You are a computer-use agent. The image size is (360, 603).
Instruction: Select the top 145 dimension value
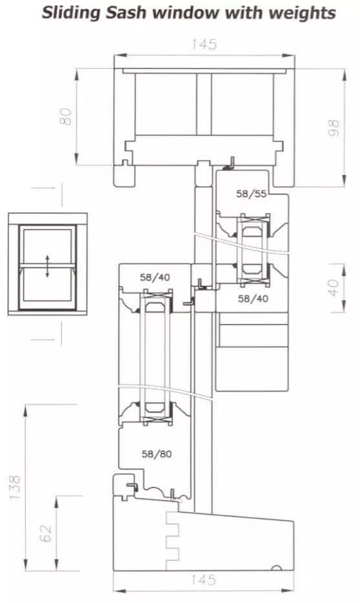click(x=204, y=45)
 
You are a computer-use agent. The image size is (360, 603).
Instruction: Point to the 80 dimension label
click(x=65, y=116)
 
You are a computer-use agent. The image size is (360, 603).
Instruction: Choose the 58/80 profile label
click(x=156, y=454)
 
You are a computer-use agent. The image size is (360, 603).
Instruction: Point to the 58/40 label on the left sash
click(x=155, y=277)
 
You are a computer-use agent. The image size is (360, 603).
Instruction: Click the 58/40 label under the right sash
click(x=252, y=298)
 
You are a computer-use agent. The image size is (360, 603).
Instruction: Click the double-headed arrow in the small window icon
click(x=47, y=266)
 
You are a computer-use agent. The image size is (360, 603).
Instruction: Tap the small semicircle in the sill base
click(x=276, y=568)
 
